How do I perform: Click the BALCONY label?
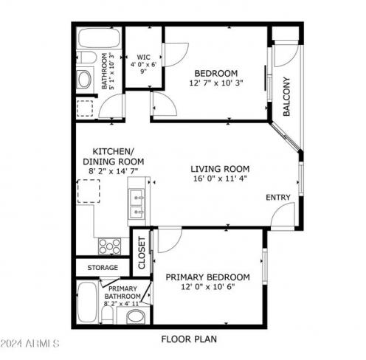click(x=286, y=96)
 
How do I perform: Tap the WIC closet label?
click(x=144, y=57)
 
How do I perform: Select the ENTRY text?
click(x=278, y=197)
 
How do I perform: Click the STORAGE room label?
click(x=103, y=267)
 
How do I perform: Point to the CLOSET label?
click(x=142, y=252)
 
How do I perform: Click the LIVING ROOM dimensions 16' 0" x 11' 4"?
click(x=220, y=179)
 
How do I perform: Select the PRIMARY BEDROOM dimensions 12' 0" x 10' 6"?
click(x=208, y=286)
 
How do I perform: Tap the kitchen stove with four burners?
click(x=109, y=246)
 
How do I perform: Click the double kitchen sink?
click(x=137, y=204)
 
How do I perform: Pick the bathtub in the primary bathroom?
click(x=87, y=302)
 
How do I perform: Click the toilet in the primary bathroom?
click(x=107, y=316)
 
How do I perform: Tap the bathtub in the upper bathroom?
click(x=99, y=38)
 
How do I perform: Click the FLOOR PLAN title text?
click(x=189, y=339)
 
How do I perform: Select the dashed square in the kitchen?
click(x=89, y=191)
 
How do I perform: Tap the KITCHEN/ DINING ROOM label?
click(x=113, y=156)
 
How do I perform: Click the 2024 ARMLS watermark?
click(x=30, y=344)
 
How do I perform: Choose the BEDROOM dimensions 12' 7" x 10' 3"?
click(x=216, y=83)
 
